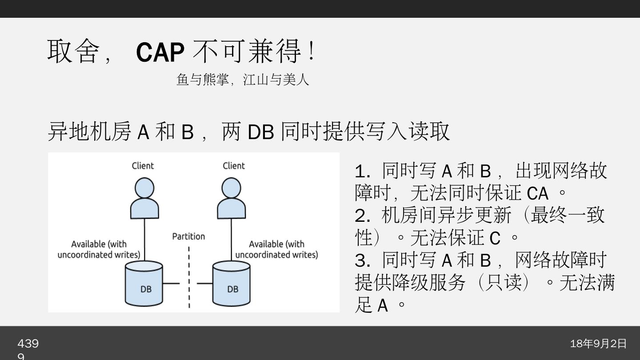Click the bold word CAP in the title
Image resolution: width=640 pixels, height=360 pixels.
tap(160, 52)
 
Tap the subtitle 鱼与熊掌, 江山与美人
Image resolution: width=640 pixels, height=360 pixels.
tap(243, 80)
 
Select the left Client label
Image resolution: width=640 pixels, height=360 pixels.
tap(143, 166)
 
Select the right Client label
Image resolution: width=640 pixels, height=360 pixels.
tap(234, 166)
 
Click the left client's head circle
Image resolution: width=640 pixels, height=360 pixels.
tap(144, 188)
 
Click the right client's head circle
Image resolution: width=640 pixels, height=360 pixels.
tap(231, 188)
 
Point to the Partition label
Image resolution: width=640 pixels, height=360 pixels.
tap(188, 236)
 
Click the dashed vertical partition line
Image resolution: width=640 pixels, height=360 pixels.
tap(189, 276)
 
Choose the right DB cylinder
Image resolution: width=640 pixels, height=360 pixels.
tap(231, 284)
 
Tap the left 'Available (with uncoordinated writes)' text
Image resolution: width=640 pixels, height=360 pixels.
tap(99, 249)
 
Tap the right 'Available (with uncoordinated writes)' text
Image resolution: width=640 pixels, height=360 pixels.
tap(276, 249)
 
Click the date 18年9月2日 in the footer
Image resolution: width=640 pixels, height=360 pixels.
tap(598, 344)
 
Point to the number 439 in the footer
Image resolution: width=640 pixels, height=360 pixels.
tap(28, 344)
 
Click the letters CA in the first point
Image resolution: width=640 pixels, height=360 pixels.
tap(537, 194)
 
